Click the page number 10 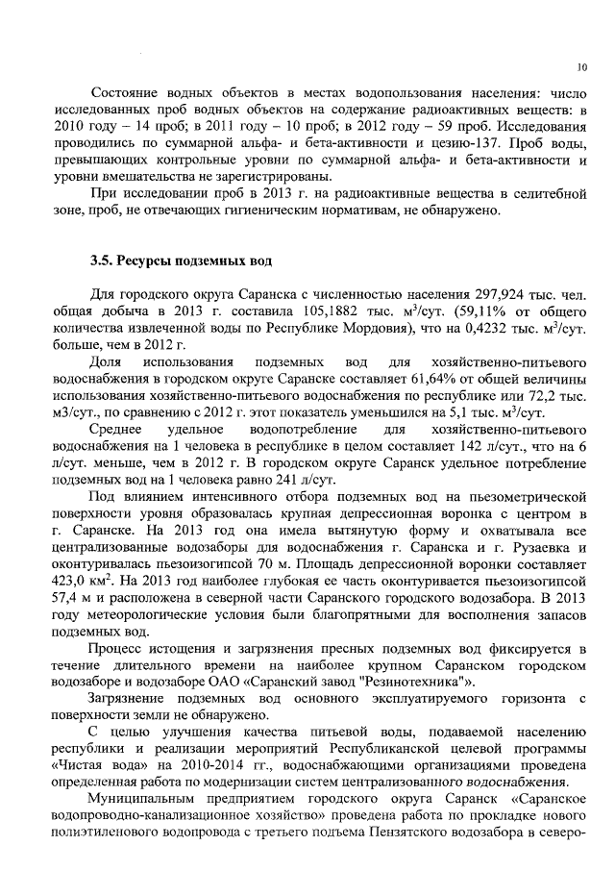pos(582,68)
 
